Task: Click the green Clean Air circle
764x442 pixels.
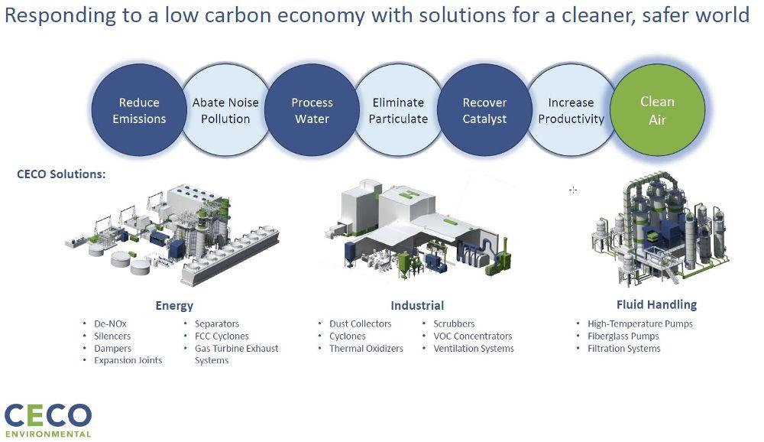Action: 657,110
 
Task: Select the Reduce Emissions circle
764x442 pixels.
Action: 139,110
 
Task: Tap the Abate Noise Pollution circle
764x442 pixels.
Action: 225,110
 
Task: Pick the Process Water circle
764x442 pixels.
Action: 312,110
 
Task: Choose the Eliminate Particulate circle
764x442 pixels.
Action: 398,110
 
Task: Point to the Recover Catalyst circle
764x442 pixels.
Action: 484,110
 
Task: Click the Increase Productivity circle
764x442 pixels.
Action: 571,110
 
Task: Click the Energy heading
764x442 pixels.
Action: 174,305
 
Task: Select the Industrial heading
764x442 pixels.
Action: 417,305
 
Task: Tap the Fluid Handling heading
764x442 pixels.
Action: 656,304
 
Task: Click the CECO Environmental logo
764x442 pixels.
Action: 47,420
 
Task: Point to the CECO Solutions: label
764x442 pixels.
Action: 61,174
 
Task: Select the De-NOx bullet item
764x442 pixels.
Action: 111,323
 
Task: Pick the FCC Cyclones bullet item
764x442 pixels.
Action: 222,336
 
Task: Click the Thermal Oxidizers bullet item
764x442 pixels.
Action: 366,349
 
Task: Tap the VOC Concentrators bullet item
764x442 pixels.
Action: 472,336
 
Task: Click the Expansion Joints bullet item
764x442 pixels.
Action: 128,360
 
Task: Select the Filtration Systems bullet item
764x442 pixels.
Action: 623,349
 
